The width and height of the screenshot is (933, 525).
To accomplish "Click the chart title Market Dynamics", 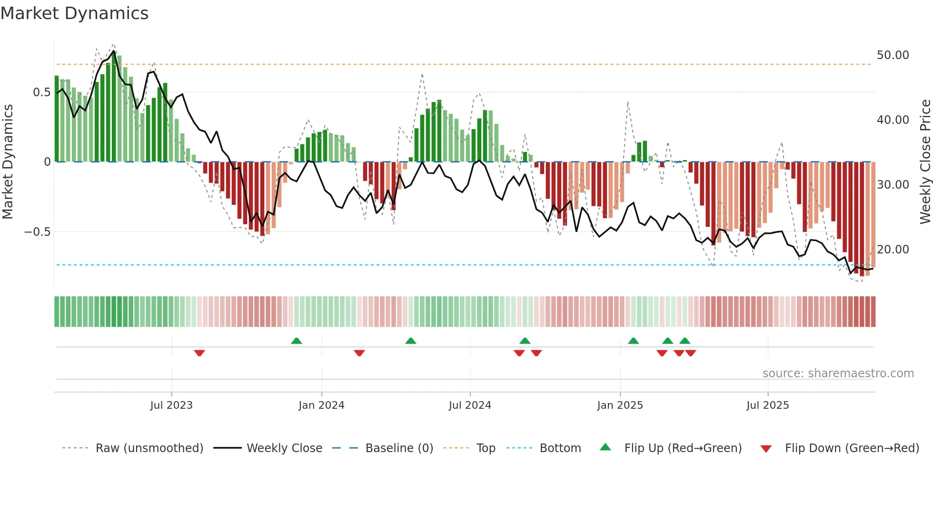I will click(74, 13).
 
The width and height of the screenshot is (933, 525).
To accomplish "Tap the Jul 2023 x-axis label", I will click(171, 405).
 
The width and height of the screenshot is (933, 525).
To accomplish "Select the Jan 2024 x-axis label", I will click(321, 405).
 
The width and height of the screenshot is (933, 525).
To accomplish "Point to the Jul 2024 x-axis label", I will click(470, 405).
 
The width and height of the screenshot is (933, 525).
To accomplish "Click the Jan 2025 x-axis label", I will click(620, 405).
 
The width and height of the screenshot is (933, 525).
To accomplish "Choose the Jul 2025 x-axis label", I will click(767, 405).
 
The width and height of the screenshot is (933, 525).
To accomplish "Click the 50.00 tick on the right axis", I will click(893, 55).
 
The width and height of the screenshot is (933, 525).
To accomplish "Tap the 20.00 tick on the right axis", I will click(893, 250).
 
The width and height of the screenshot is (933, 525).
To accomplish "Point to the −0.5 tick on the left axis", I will click(37, 232).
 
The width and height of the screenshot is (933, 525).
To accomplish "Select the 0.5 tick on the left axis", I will click(41, 92).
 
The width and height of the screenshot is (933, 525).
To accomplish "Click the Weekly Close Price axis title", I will click(925, 162).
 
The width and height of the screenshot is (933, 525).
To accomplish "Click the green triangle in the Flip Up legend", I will click(605, 447).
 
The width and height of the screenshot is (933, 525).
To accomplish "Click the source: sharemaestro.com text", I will click(838, 374).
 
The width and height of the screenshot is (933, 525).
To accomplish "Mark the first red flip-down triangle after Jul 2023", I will click(199, 353).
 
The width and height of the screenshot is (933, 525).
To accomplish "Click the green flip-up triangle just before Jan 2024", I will click(297, 341).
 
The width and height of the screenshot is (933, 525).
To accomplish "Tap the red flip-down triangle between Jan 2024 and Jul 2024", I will click(359, 353).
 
